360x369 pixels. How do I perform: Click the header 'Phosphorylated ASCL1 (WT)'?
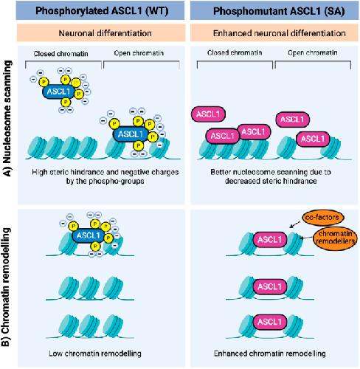tap(102, 11)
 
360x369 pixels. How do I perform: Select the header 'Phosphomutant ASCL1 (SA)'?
tap(279, 11)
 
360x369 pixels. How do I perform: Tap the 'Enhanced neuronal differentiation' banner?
tap(279, 33)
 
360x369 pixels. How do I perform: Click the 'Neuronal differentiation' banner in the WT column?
tap(105, 33)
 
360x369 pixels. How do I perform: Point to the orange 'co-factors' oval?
tap(322, 218)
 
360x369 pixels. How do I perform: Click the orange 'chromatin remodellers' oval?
tap(335, 238)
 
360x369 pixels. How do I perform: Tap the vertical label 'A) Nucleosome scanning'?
tap(7, 118)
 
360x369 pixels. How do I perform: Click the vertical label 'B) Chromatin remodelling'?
tap(6, 287)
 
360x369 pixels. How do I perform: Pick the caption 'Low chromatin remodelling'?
tap(95, 354)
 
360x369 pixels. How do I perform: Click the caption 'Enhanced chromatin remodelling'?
tap(269, 354)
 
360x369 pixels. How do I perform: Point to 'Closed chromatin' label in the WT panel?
tap(60, 54)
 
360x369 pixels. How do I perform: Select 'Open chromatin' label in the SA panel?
tap(313, 52)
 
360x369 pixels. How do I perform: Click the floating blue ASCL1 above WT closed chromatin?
tap(59, 92)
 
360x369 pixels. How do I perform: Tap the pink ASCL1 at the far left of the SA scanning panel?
tap(208, 114)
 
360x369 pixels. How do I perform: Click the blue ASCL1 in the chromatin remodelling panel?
tap(89, 235)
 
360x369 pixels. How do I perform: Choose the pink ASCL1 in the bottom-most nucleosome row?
tap(270, 322)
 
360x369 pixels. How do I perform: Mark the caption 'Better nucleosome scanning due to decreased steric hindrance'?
tap(271, 176)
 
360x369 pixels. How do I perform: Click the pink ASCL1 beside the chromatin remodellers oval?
tap(270, 239)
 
